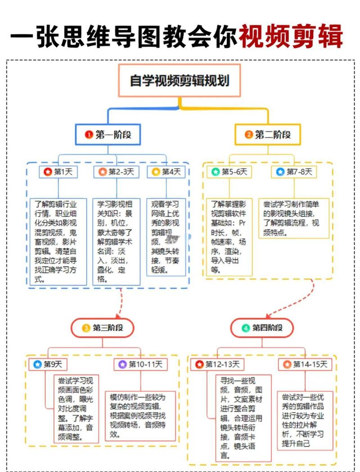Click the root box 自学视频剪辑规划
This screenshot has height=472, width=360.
[180, 81]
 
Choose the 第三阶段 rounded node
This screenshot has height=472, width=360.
[103, 327]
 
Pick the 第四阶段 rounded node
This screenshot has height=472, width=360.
[262, 327]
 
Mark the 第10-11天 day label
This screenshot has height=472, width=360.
[140, 364]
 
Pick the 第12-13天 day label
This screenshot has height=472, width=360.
[218, 364]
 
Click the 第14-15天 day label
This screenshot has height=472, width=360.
[306, 364]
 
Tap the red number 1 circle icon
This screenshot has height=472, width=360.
[89, 134]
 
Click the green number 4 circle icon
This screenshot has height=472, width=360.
[246, 328]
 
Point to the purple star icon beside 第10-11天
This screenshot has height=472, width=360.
[123, 364]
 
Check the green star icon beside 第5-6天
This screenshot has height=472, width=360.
[216, 172]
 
